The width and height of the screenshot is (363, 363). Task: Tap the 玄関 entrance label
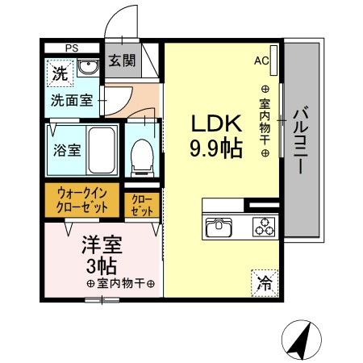(122, 60)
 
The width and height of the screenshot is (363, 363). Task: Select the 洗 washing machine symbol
(60, 73)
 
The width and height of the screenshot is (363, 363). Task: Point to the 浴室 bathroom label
(65, 150)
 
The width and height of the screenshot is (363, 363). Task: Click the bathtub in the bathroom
(102, 151)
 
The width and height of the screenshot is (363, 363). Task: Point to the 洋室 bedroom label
(100, 241)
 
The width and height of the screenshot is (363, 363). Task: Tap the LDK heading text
(215, 123)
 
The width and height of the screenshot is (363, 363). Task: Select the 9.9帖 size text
(215, 149)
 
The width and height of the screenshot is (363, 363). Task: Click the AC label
(262, 60)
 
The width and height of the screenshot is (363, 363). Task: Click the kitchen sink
(220, 226)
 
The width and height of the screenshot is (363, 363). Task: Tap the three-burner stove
(264, 227)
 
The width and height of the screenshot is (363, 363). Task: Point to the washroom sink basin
(89, 69)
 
